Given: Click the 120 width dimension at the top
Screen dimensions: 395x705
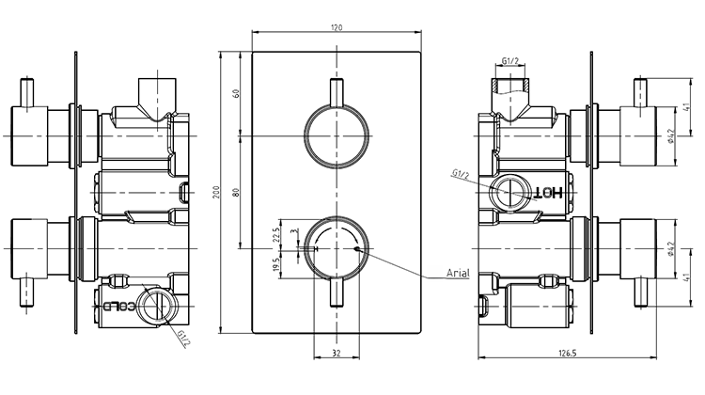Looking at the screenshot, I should [337, 28].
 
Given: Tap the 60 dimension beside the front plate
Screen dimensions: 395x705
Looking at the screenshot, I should [238, 93].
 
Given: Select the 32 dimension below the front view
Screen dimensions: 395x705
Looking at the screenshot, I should [337, 354].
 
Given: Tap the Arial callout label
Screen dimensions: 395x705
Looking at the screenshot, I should [459, 274].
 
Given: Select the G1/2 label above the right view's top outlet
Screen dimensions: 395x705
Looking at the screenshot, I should [511, 62].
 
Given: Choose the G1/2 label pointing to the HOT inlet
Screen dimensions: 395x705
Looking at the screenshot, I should [460, 173].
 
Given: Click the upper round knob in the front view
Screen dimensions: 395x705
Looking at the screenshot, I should [337, 137].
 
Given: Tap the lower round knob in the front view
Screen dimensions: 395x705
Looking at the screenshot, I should [337, 249].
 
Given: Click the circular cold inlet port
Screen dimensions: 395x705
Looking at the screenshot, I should [157, 306].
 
